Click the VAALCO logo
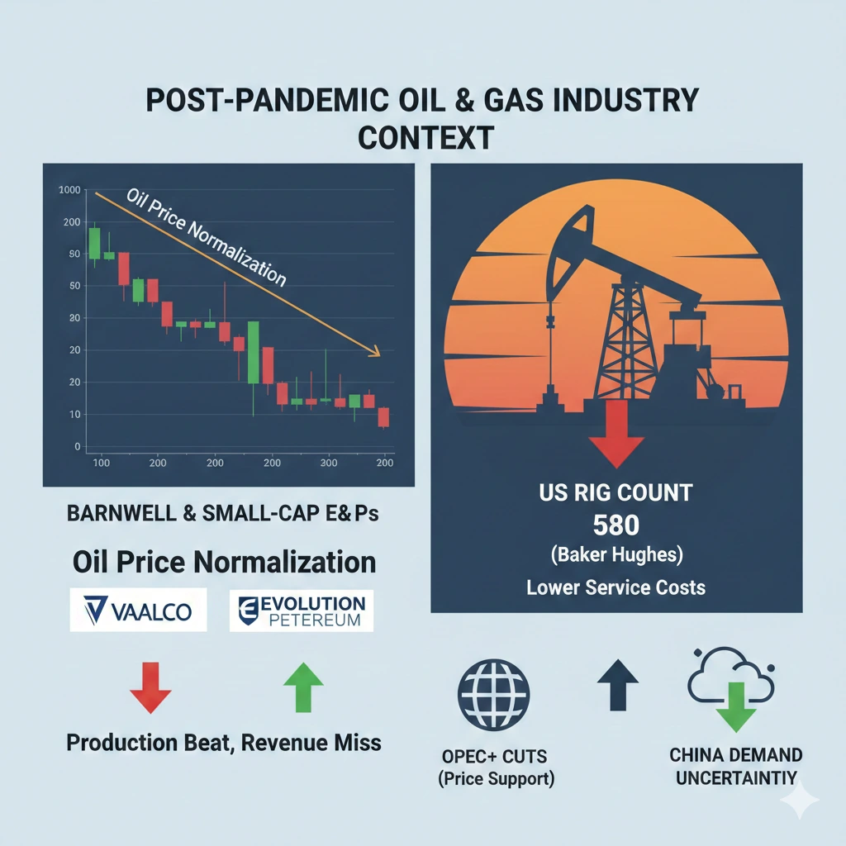pos(138,610)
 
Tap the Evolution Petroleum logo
pos(301,611)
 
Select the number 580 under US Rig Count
pos(616,525)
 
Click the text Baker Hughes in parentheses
pos(616,554)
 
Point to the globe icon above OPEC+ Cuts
pos(494,695)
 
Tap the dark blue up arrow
pos(618,685)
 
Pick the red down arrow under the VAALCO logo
pos(150,687)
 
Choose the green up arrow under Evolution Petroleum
pos(303,687)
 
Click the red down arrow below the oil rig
pos(616,434)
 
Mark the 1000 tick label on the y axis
pos(69,190)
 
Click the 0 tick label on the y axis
pos(77,447)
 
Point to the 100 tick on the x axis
pos(101,463)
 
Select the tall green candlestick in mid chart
pos(253,352)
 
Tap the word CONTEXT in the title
pos(425,138)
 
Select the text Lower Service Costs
pos(616,587)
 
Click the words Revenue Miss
pos(311,743)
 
